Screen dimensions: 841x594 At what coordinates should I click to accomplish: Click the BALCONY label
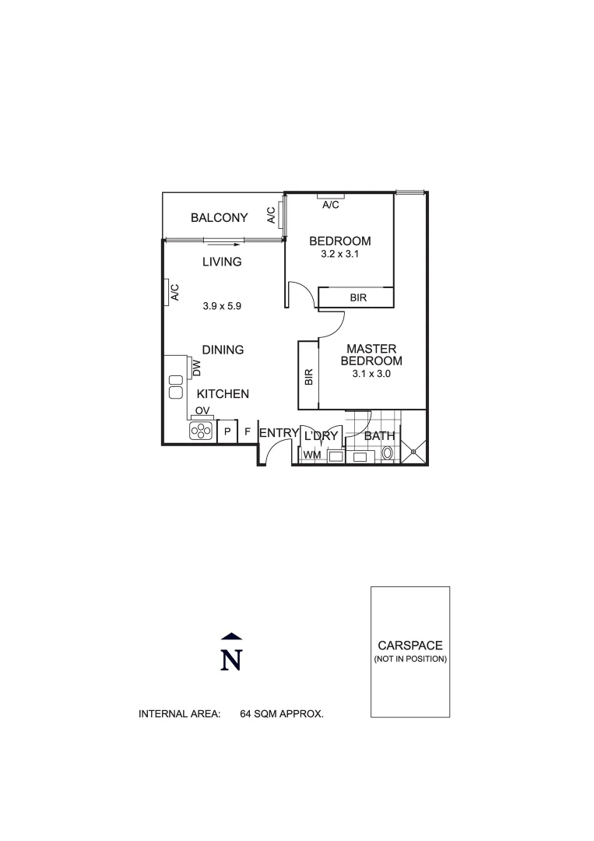tap(220, 218)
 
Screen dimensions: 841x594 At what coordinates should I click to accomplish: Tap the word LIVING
tap(222, 262)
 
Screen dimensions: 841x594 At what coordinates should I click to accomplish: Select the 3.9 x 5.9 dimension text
tap(222, 307)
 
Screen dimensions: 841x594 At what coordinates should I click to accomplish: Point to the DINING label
tap(223, 350)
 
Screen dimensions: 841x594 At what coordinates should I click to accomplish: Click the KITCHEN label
tap(223, 395)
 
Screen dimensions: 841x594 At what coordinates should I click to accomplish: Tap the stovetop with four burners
tap(201, 431)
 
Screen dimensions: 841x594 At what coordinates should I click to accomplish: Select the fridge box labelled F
tap(248, 431)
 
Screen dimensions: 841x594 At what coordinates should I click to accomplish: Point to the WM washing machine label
tap(311, 455)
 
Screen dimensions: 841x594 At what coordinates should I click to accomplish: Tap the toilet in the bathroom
tap(387, 453)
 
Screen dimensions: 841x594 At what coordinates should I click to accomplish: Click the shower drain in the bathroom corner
tap(414, 449)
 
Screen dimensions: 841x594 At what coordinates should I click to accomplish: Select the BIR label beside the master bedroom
tap(308, 378)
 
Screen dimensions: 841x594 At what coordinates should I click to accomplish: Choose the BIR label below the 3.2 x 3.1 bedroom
tap(358, 298)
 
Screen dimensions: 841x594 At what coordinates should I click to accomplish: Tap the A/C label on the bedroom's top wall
tap(331, 206)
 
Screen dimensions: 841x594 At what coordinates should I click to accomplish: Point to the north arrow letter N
tap(231, 660)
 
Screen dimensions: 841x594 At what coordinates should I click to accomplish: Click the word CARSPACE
tap(410, 646)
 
